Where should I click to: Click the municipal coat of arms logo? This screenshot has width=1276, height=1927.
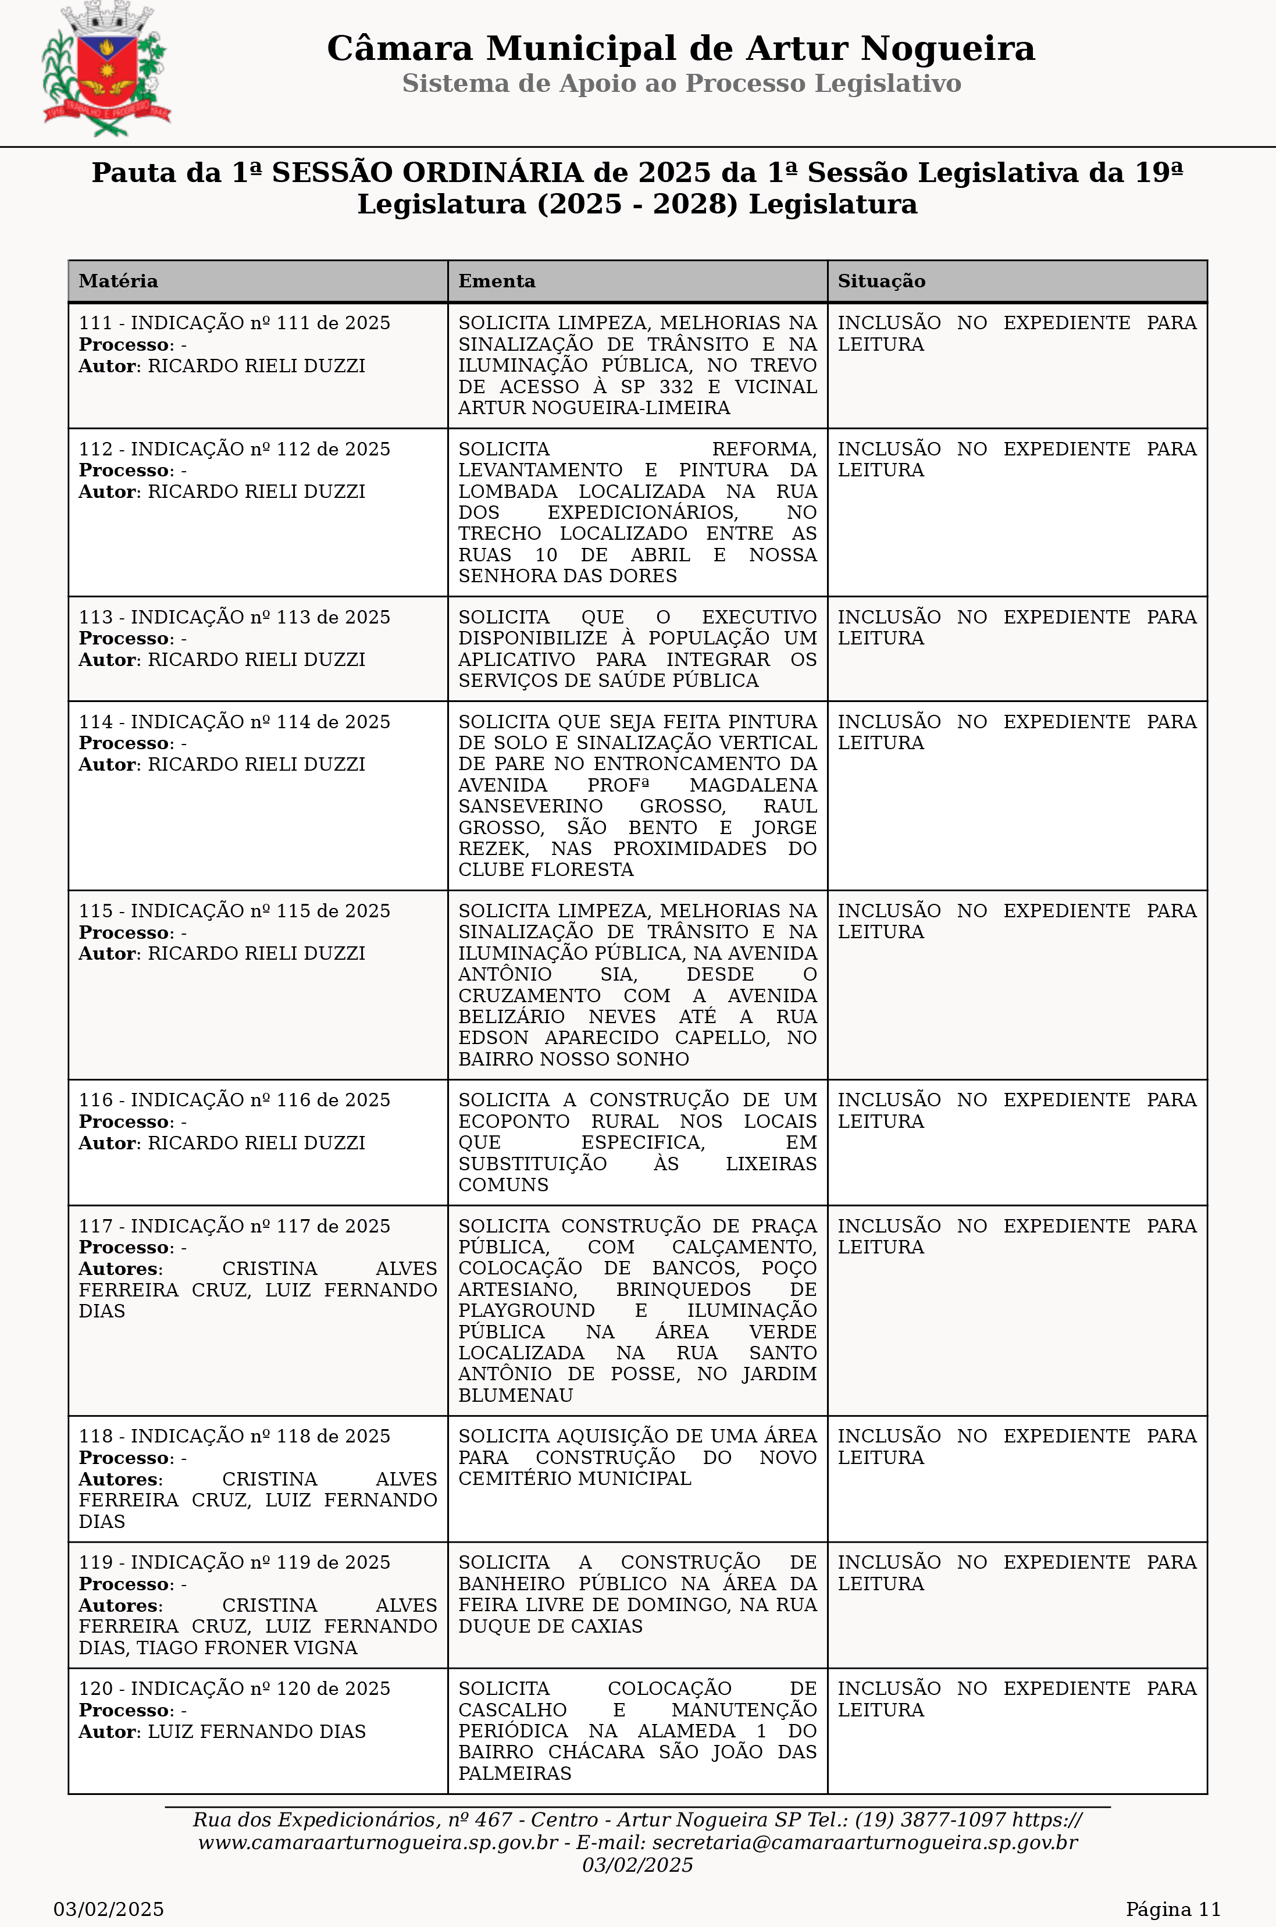pyautogui.click(x=106, y=70)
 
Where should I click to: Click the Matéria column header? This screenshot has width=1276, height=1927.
pyautogui.click(x=119, y=282)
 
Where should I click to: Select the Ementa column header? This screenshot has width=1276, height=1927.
pyautogui.click(x=497, y=282)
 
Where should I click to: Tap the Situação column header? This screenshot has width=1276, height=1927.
pyautogui.click(x=881, y=282)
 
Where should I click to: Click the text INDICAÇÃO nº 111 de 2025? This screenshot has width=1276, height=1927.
pyautogui.click(x=261, y=323)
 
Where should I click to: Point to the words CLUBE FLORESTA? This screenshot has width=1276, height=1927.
pyautogui.click(x=545, y=870)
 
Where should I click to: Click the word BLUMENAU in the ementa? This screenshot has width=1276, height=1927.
pyautogui.click(x=515, y=1395)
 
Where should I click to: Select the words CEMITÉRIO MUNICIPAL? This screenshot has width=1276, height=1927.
pyautogui.click(x=575, y=1479)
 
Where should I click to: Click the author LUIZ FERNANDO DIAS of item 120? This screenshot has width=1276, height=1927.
pyautogui.click(x=256, y=1732)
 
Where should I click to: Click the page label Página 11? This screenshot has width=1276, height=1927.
pyautogui.click(x=1172, y=1909)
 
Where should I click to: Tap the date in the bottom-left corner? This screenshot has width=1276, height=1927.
pyautogui.click(x=109, y=1909)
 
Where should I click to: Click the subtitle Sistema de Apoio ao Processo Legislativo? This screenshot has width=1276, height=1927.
pyautogui.click(x=681, y=83)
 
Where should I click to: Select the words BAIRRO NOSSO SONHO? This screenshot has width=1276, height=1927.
pyautogui.click(x=573, y=1060)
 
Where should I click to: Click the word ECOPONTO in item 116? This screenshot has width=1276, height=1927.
pyautogui.click(x=514, y=1121)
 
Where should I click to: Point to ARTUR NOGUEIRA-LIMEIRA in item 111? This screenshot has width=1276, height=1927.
pyautogui.click(x=594, y=408)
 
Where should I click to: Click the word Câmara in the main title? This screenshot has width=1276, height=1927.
pyautogui.click(x=400, y=49)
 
